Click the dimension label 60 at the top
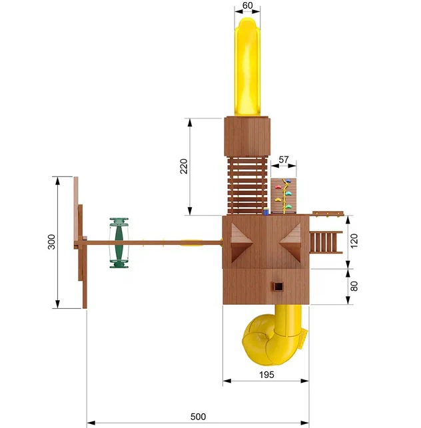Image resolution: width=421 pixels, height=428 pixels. pos(247,5)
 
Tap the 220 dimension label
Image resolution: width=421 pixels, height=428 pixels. pos(184,166)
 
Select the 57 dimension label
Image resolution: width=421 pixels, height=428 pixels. pos(284,159)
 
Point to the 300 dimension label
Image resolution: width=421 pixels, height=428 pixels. pos(51,242)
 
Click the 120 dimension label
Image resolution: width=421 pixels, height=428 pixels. pos(354,241)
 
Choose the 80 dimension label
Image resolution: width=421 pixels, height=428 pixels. pos(354,286)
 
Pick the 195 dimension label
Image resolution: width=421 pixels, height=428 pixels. pos(266,375)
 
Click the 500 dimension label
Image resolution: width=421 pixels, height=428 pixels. pos(198,417)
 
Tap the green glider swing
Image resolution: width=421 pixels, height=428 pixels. pos(119,243)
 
